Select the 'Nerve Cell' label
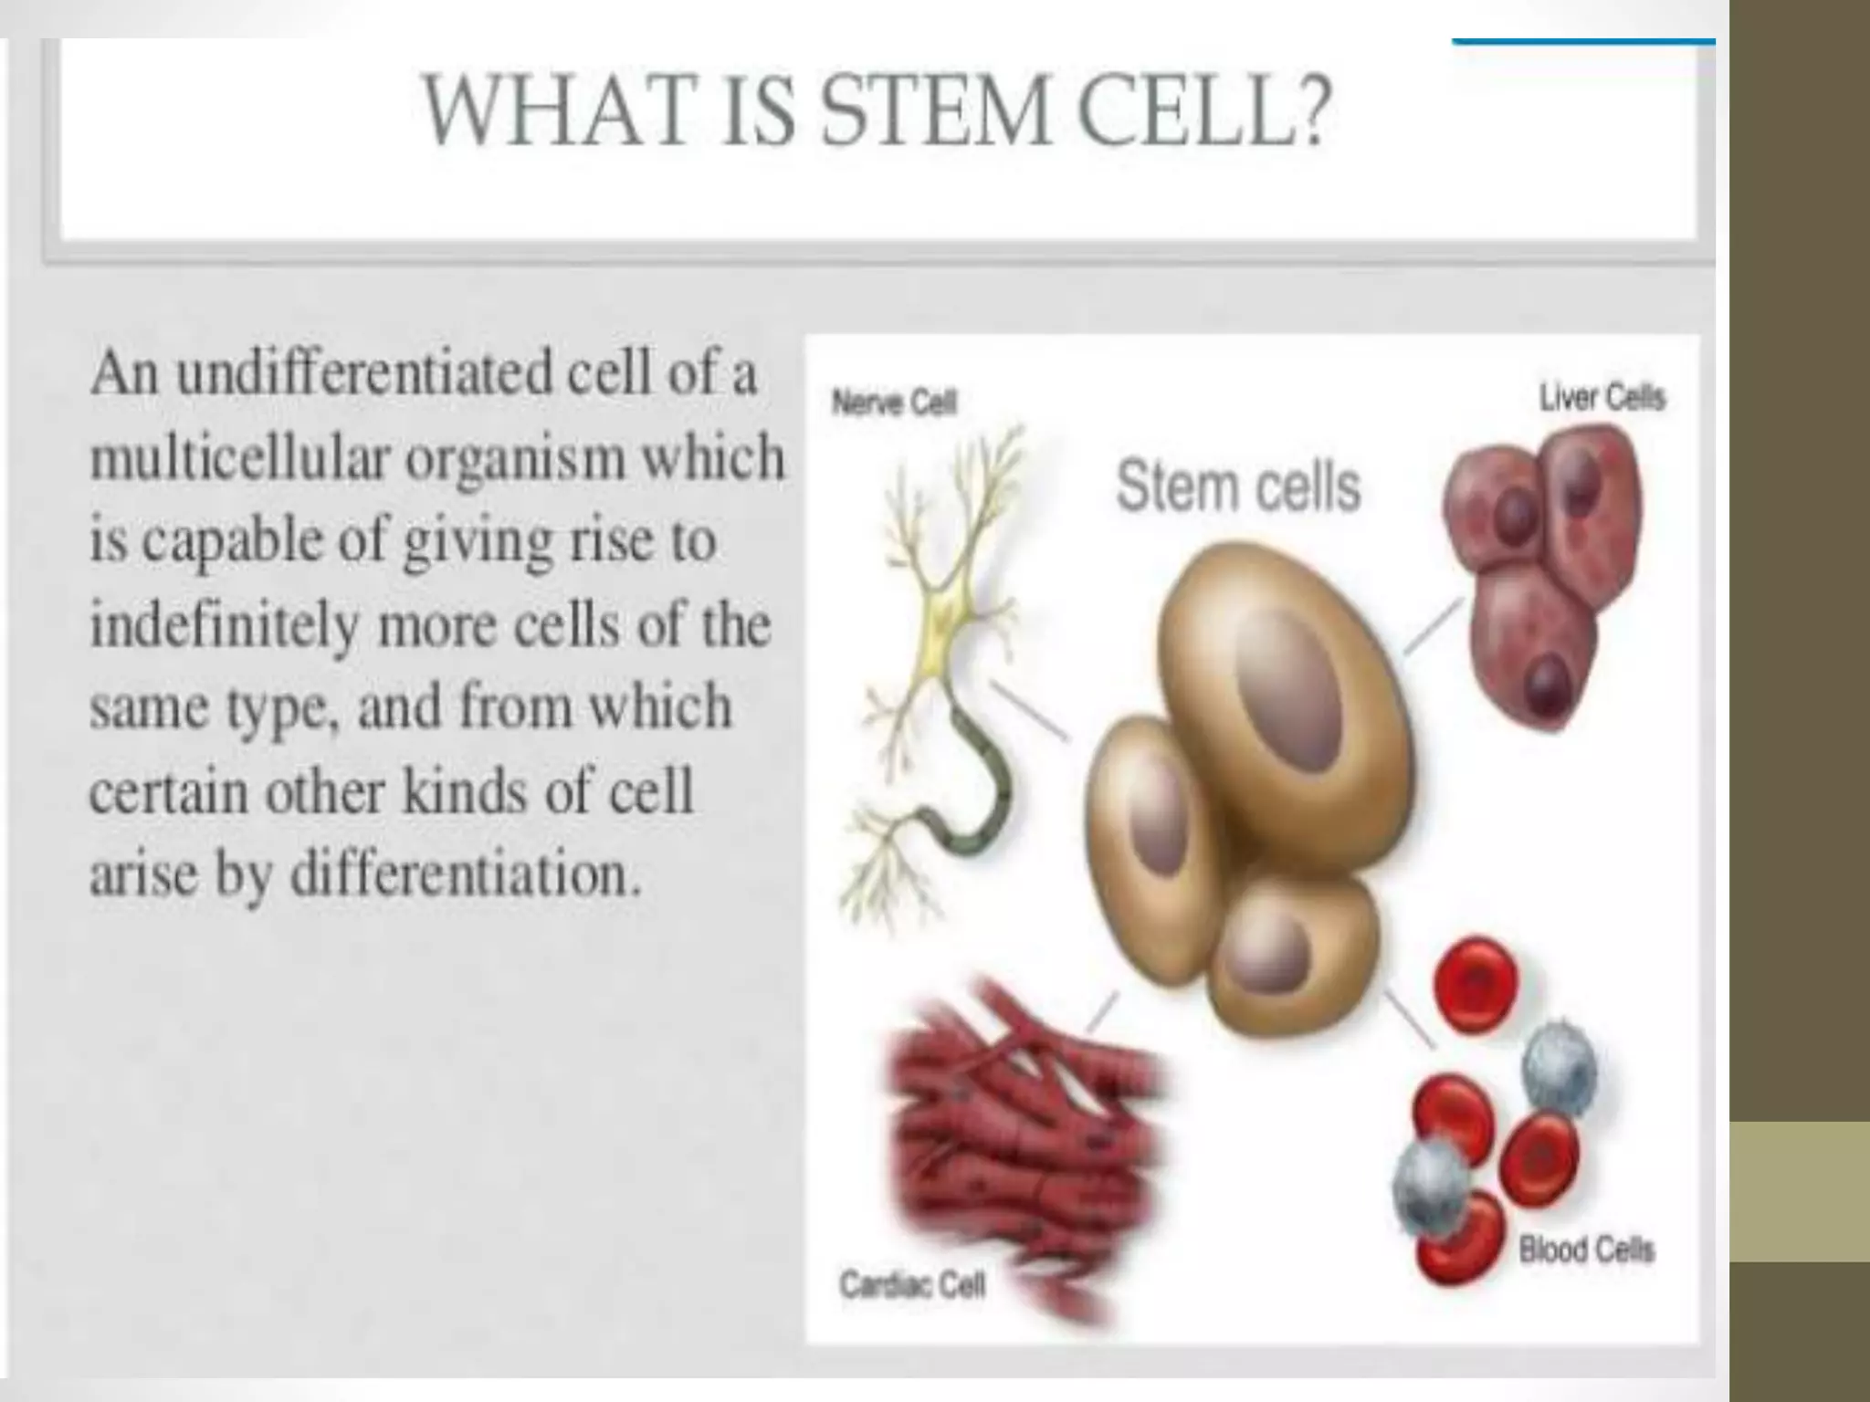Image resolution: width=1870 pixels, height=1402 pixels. click(894, 403)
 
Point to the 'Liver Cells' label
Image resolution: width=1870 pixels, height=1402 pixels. click(1602, 398)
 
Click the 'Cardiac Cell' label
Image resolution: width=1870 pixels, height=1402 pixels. click(912, 1285)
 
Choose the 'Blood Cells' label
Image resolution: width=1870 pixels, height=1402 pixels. click(1586, 1250)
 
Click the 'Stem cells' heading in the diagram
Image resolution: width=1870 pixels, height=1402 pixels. click(1238, 486)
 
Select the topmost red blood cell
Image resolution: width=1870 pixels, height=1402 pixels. click(1476, 984)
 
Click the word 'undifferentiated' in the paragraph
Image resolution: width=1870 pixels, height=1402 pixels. click(364, 374)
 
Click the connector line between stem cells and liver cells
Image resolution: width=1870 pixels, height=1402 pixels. click(1432, 627)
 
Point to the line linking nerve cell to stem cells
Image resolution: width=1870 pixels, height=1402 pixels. click(1029, 712)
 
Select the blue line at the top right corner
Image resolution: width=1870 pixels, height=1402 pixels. click(1582, 42)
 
